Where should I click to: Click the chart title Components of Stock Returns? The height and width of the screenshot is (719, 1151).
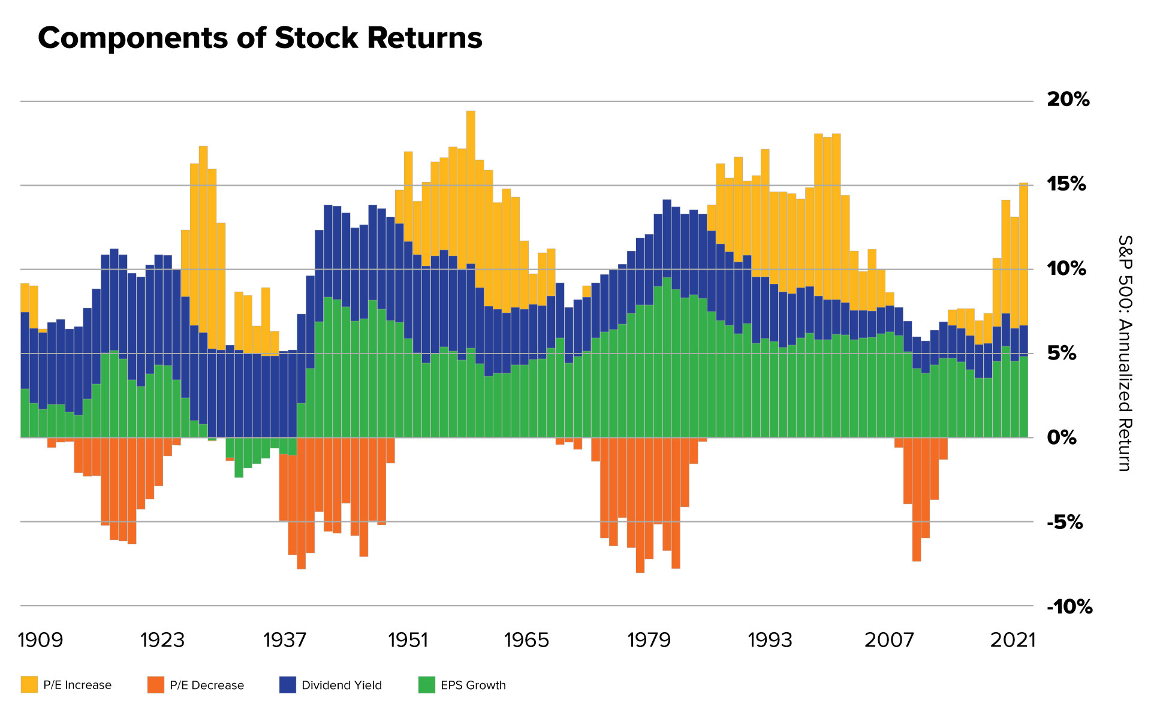260,38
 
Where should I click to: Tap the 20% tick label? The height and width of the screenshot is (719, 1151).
1068,99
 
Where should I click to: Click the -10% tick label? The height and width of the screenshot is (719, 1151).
1069,607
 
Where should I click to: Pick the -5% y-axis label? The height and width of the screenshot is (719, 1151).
1065,522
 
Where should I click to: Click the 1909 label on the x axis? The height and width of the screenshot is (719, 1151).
40,640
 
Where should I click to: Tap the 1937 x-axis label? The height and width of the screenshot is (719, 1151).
284,640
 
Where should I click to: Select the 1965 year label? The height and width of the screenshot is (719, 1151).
526,640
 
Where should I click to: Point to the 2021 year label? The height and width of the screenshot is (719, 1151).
1013,640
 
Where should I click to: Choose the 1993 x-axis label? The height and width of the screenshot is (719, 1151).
770,640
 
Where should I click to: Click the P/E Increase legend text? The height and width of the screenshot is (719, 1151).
77,685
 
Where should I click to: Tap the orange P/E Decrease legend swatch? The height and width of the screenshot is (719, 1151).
156,685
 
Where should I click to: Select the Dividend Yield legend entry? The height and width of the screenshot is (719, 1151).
341,685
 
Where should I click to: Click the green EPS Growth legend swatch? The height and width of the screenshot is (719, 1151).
426,685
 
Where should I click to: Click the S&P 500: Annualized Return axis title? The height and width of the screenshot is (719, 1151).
1124,353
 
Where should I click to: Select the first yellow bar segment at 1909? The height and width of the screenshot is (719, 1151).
25,298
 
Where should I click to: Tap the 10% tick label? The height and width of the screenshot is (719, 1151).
1066,268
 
